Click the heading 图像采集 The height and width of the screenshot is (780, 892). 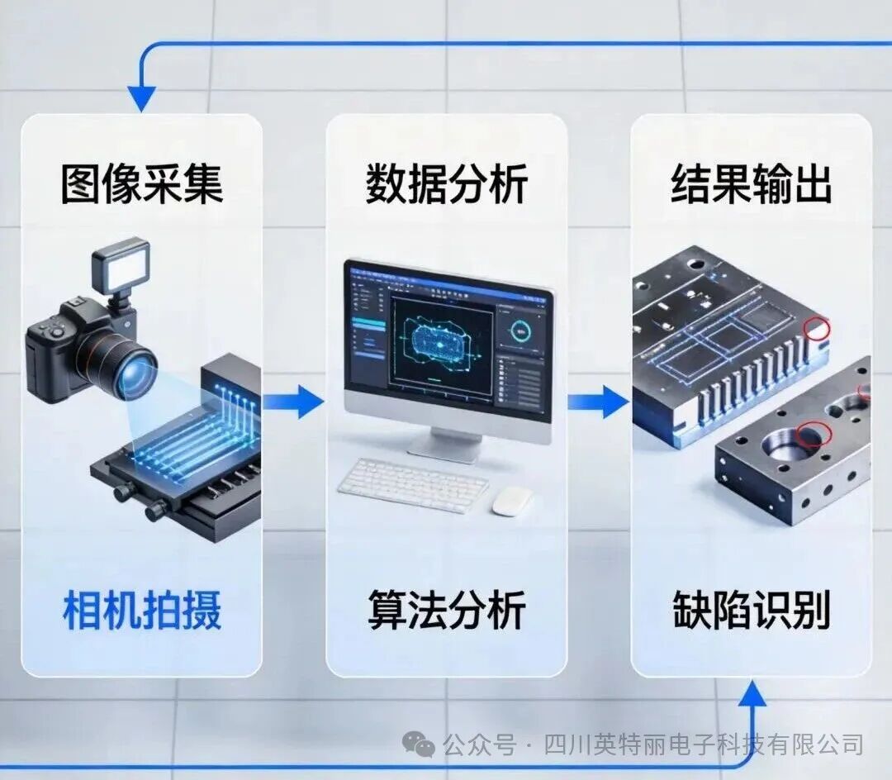point(141,184)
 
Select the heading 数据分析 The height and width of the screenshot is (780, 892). point(447,184)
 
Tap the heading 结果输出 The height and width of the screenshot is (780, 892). point(751,184)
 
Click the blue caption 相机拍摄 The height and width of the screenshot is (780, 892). point(142,611)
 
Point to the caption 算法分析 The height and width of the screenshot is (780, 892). point(447,611)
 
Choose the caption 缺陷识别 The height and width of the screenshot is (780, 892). point(751,611)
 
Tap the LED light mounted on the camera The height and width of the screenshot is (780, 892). point(121,263)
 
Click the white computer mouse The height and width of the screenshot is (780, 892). point(512,501)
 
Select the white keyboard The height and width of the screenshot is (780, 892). point(413,485)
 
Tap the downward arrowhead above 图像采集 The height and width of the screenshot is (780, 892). point(141,98)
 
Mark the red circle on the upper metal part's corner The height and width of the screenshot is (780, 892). point(818,328)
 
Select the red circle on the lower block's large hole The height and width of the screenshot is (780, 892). point(813,432)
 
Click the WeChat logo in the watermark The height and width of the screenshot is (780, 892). point(423,745)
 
